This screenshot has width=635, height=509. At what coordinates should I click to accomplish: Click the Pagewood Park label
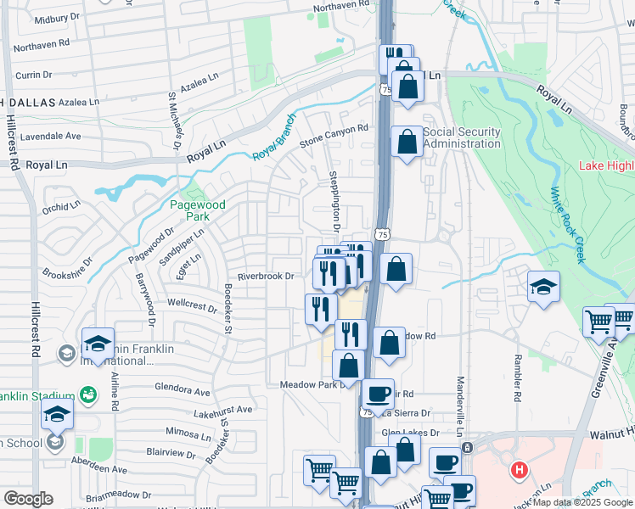(x=197, y=210)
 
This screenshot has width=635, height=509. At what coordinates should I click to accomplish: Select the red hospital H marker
(x=518, y=468)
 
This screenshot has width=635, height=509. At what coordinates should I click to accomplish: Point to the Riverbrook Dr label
(x=265, y=276)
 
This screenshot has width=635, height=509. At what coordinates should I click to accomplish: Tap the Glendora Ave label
(x=182, y=392)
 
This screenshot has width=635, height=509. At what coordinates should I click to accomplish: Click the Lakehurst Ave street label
(x=223, y=411)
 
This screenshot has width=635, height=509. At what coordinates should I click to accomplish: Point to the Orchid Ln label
(x=61, y=204)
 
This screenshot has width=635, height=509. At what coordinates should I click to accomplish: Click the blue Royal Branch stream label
(x=273, y=138)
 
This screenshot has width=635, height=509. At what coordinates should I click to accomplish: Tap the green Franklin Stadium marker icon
(x=87, y=394)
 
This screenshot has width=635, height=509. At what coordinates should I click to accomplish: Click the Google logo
(x=28, y=499)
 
